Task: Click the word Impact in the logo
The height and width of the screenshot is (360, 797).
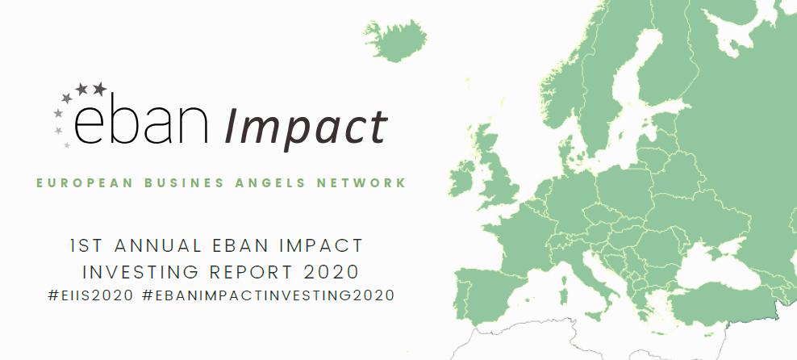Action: coord(306,126)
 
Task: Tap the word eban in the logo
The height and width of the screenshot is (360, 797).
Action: coord(141,123)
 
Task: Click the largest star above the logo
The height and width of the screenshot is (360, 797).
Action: coord(100,89)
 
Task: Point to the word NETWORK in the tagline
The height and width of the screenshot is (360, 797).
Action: coord(362,183)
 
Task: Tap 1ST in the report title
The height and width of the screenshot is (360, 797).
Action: coord(86,246)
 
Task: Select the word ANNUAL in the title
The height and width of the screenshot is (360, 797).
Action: coord(158,246)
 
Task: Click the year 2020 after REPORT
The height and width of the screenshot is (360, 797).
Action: coord(332,272)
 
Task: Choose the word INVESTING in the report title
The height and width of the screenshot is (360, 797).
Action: coord(140,272)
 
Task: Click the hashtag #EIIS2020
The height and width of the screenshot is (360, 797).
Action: coord(91,295)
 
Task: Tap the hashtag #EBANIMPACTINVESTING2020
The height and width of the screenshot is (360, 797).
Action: coord(269,295)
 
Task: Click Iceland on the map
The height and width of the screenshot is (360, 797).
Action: coord(397,40)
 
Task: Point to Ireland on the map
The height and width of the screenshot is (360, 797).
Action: coord(461,178)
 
